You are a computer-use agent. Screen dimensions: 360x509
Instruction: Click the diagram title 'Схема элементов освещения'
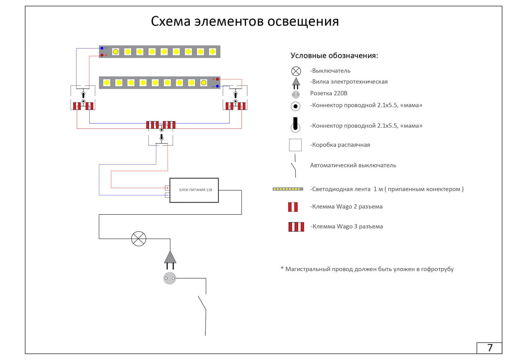click(x=245, y=21)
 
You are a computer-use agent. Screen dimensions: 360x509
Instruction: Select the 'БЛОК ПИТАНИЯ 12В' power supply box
click(x=194, y=190)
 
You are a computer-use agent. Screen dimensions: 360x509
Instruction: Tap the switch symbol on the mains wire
click(x=139, y=239)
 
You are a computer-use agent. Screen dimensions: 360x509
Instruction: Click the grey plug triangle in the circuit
click(x=170, y=257)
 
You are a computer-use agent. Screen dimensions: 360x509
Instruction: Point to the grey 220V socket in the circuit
click(x=169, y=278)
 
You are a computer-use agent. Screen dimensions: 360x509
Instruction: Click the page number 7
click(x=489, y=348)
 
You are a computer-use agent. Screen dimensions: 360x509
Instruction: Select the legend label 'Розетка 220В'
click(x=329, y=93)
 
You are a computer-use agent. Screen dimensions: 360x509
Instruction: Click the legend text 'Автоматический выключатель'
click(x=353, y=165)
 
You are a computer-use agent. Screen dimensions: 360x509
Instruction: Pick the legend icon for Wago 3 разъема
click(x=296, y=227)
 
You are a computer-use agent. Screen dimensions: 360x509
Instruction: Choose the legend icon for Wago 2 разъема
click(x=293, y=207)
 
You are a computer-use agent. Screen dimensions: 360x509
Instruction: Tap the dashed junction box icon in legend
click(x=295, y=145)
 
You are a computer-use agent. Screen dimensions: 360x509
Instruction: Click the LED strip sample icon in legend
click(x=288, y=189)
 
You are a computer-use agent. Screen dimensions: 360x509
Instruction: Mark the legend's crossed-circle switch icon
click(x=296, y=71)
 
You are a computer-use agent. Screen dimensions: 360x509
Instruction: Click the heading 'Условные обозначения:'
click(x=334, y=56)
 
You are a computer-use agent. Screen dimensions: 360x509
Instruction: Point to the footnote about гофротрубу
click(x=367, y=269)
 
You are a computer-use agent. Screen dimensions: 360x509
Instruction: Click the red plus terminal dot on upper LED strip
click(x=102, y=55)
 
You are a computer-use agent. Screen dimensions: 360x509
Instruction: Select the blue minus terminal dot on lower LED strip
click(x=217, y=86)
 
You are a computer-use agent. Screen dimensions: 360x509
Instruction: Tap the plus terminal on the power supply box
click(x=167, y=188)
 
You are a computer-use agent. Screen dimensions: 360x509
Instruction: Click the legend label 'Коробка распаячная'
click(x=340, y=145)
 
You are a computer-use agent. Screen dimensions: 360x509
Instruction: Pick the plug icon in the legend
click(x=296, y=83)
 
